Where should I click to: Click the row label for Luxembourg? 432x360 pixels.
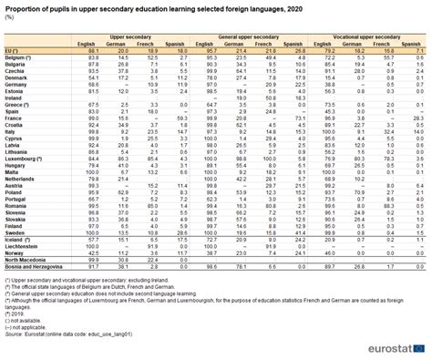pos(25,159)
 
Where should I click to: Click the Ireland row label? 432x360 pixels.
pos(15,98)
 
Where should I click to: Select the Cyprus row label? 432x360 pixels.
pos(15,139)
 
